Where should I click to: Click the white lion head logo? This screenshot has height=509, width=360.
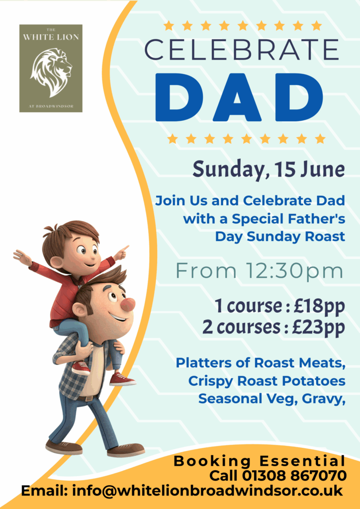point(51,73)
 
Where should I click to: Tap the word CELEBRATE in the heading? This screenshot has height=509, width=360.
point(242,50)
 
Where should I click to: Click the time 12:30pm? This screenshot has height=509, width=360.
point(294,271)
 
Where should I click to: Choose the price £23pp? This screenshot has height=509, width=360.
point(318,328)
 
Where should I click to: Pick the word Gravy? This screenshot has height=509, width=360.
point(323,399)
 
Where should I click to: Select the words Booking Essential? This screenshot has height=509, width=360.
point(260,461)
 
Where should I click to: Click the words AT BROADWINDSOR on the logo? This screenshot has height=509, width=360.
point(51,106)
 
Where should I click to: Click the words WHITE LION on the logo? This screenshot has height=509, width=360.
point(51,37)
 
